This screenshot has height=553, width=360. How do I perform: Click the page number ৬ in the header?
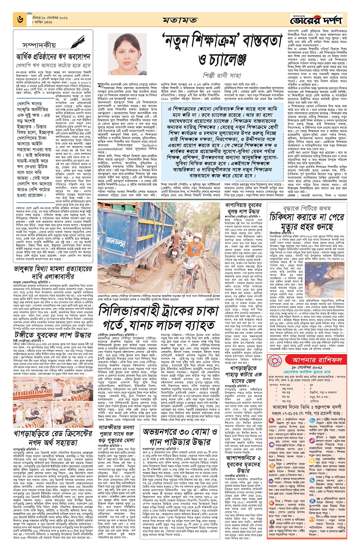coord(20,19)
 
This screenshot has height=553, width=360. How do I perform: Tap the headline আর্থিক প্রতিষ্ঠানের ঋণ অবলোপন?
coord(53,56)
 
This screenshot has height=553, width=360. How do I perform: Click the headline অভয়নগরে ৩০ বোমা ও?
coord(180,433)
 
